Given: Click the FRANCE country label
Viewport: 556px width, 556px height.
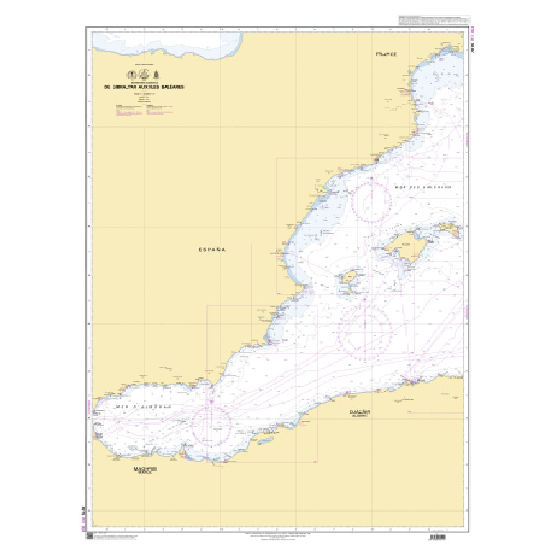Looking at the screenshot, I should point(386,54).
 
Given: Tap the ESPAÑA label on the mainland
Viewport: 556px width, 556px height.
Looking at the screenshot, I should point(213,248).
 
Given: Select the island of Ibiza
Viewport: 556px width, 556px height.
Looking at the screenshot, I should point(347,281).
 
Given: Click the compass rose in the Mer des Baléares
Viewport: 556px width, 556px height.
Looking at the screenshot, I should point(372,199).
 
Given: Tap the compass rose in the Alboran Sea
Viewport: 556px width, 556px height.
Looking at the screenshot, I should point(211,425).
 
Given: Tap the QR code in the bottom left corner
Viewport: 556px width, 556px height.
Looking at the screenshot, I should point(90,539).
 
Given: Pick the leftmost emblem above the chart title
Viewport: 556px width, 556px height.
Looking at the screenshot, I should point(128,74).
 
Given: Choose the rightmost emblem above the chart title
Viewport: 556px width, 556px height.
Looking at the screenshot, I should point(162,74).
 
